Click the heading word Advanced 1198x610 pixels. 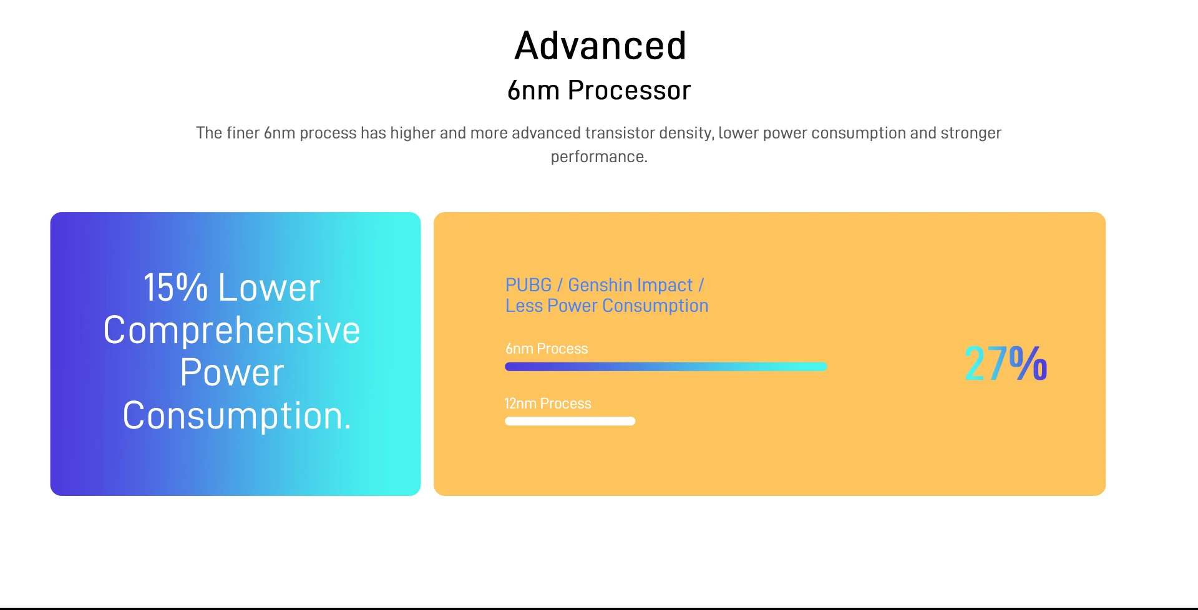coord(600,46)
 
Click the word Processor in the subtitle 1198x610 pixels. coord(629,90)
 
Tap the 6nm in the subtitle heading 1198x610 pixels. coord(533,90)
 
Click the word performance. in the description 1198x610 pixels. coord(599,157)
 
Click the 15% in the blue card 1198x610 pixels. coord(175,288)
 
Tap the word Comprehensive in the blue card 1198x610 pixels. coord(232,330)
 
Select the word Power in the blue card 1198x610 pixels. coord(232,372)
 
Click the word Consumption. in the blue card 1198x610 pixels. coord(237,415)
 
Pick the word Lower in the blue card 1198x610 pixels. coord(269,288)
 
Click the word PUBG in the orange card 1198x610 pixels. coord(528,285)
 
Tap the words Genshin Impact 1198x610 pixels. coord(630,285)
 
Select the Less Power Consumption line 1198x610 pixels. coord(607,306)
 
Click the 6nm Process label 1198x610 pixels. coord(547,349)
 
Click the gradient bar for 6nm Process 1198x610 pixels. coord(666,367)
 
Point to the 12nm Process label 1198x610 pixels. coord(548,404)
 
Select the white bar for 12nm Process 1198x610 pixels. coord(570,421)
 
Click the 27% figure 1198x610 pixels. coord(1006,363)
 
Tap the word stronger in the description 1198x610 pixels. coord(971,133)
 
